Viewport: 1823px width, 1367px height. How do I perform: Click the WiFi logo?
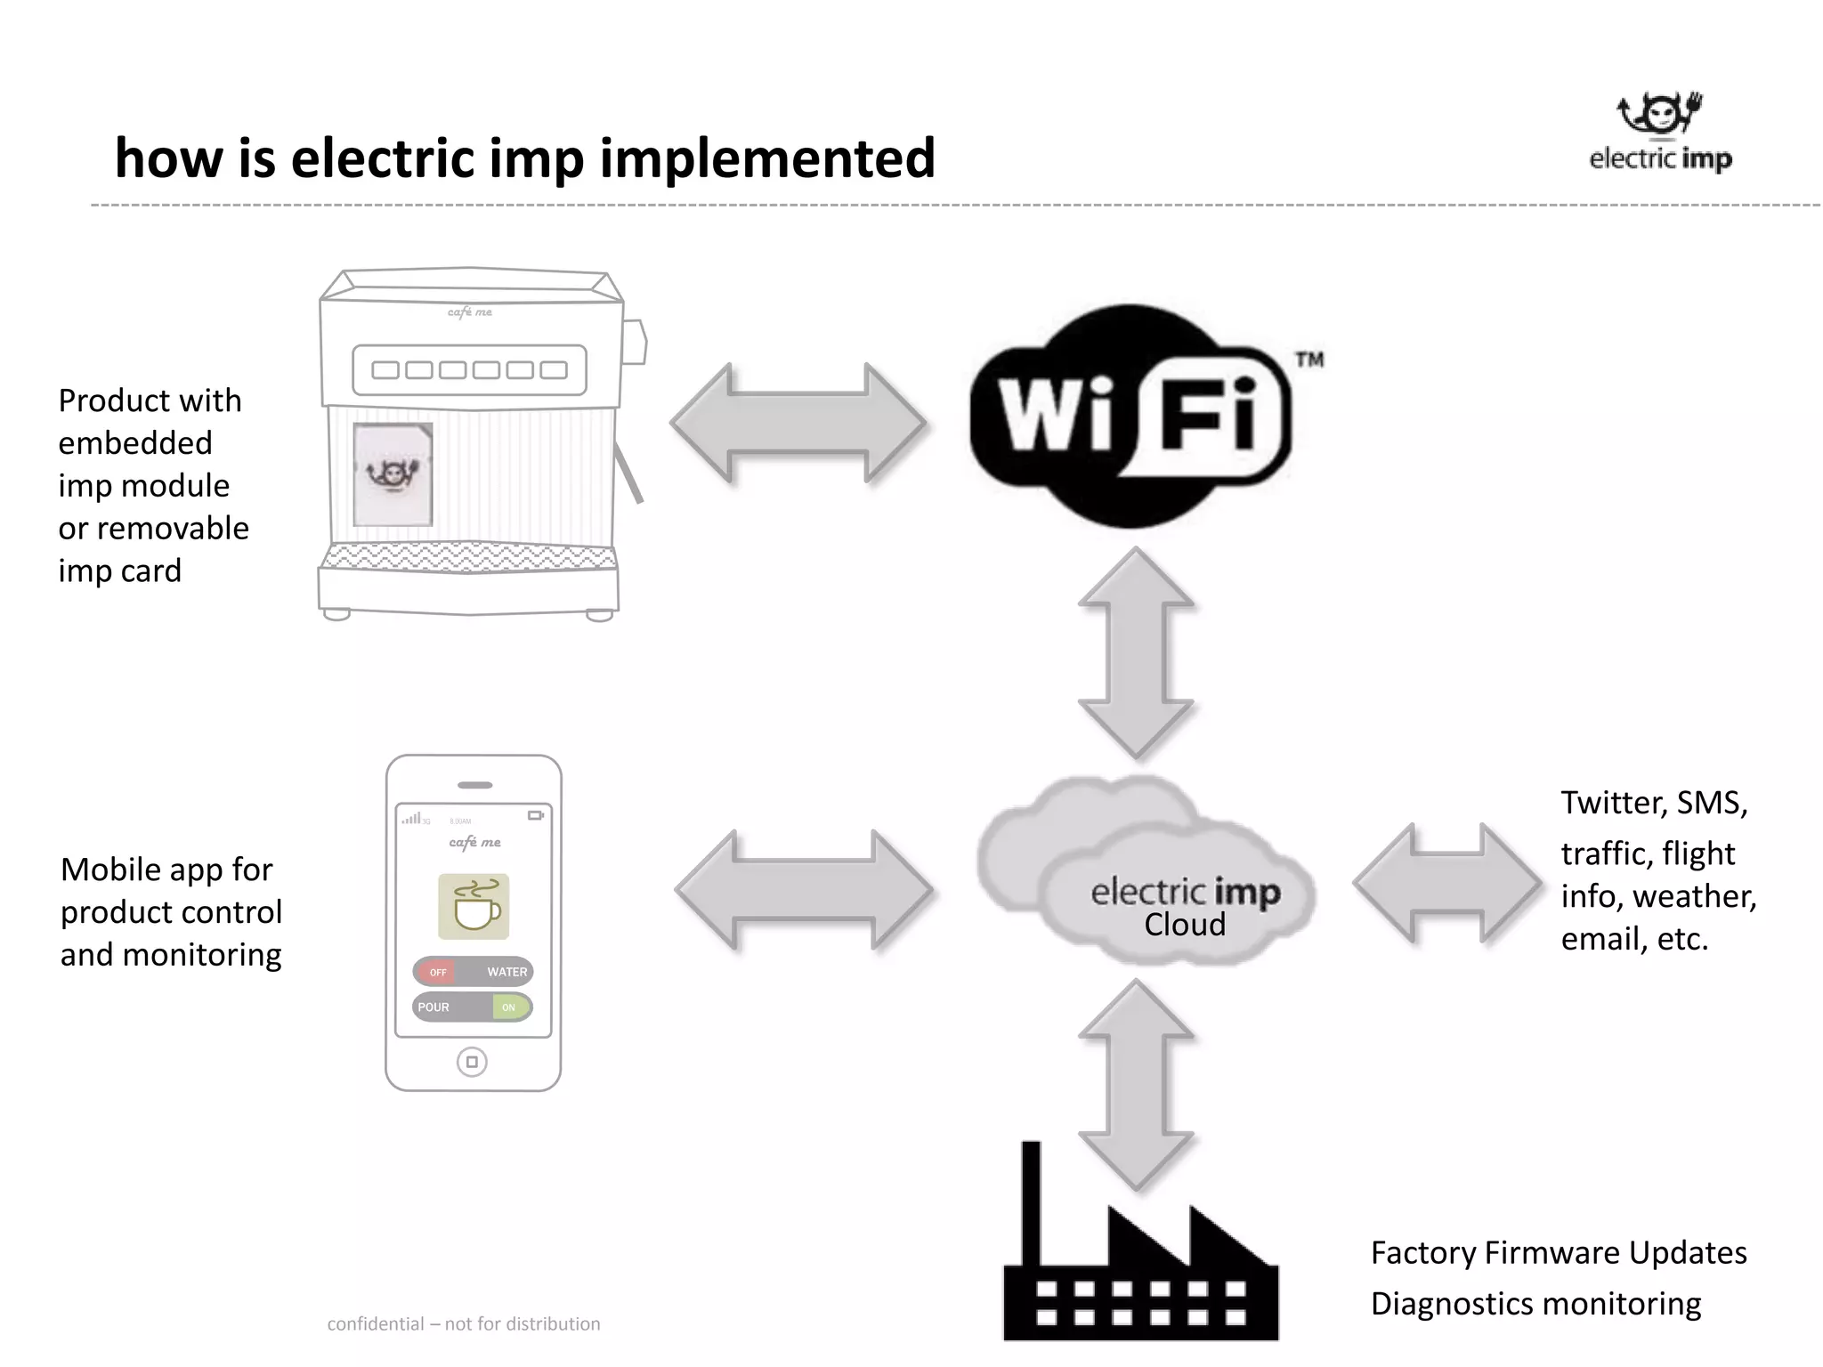pos(1130,417)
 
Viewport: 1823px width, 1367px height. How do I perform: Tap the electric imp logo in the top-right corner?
pos(1660,133)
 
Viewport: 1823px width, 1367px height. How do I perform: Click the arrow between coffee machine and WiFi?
pos(798,423)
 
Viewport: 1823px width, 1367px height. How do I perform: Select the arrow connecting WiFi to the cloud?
pos(1136,652)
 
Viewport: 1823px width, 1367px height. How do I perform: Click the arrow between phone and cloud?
pos(804,889)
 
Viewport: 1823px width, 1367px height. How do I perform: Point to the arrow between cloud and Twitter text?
pos(1447,882)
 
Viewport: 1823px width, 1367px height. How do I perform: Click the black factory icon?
pos(1140,1264)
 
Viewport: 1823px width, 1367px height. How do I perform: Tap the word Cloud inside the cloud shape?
pos(1185,925)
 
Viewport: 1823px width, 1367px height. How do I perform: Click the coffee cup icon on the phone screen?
pos(474,906)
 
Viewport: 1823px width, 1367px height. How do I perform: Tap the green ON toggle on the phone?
pos(509,1007)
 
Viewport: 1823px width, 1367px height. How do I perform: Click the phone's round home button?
pos(472,1062)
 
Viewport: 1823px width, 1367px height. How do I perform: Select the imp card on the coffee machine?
pos(393,474)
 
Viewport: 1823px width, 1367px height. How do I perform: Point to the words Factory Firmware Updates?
pos(1558,1252)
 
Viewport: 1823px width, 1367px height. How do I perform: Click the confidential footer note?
pos(464,1323)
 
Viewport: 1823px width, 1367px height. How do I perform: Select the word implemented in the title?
pos(767,158)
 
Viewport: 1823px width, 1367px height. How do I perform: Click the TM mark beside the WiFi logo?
pos(1309,360)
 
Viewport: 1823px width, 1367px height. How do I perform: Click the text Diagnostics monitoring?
pos(1535,1303)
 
